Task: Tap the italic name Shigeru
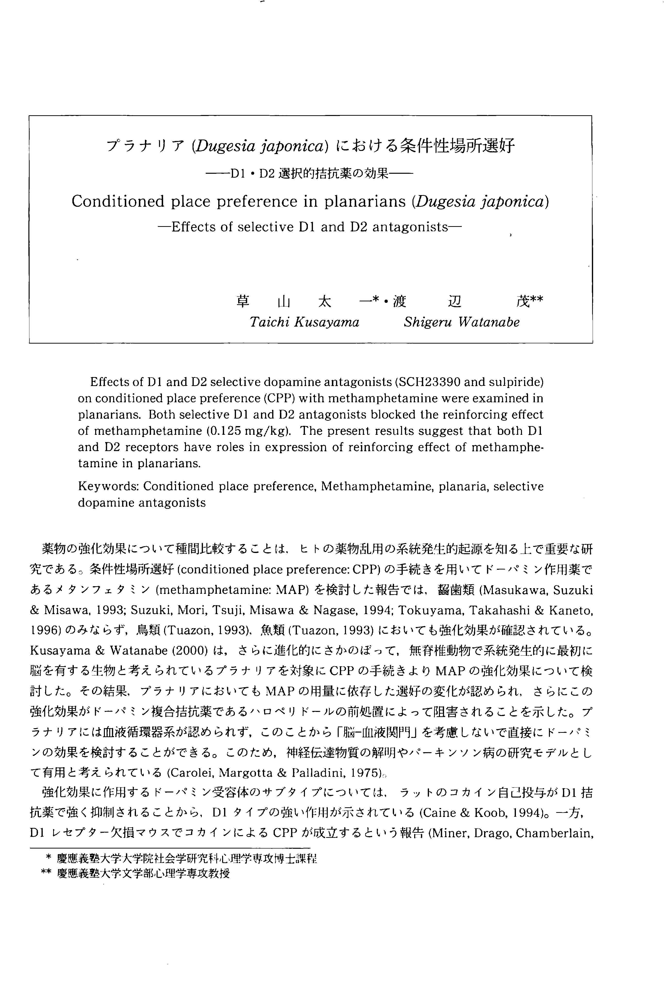click(428, 322)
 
